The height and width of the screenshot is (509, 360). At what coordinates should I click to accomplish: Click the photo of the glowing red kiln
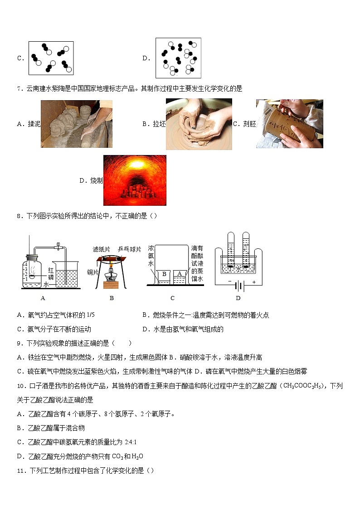tap(135, 180)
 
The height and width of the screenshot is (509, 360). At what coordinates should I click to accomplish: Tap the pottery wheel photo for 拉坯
tap(199, 124)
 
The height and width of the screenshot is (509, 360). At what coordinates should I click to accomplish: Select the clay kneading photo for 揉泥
tap(76, 124)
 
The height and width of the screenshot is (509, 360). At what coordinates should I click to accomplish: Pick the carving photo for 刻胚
tap(289, 124)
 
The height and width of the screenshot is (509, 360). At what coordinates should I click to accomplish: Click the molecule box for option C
tap(51, 58)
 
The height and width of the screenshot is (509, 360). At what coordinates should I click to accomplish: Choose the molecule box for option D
tap(178, 58)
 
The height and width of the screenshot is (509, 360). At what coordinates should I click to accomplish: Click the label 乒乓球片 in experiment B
tap(130, 249)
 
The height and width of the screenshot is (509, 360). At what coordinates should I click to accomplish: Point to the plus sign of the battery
tap(254, 282)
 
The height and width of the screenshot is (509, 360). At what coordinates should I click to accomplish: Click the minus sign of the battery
tap(230, 282)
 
